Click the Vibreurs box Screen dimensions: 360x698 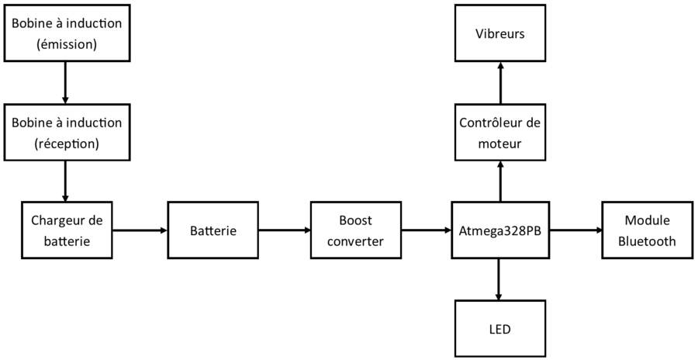[x=500, y=34]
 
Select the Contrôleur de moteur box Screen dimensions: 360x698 [x=500, y=133]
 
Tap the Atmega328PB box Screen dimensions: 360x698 [x=500, y=230]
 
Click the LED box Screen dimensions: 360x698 [x=500, y=329]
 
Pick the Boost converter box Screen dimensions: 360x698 [x=355, y=230]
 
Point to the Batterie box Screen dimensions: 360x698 [x=213, y=230]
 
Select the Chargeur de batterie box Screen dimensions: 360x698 [x=67, y=230]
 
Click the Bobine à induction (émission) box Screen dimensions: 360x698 [x=67, y=34]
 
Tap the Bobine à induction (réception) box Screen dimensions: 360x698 [x=67, y=133]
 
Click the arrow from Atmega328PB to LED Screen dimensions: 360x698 [x=499, y=280]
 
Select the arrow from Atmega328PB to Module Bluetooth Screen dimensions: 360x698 [x=575, y=230]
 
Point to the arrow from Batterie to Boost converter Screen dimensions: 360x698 [x=284, y=230]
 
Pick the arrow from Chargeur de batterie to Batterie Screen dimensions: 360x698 [x=140, y=230]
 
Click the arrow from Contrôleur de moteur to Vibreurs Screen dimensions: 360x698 [x=500, y=84]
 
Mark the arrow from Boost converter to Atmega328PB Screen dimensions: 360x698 [x=426, y=230]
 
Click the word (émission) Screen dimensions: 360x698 [x=67, y=45]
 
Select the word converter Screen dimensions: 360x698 [x=355, y=241]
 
